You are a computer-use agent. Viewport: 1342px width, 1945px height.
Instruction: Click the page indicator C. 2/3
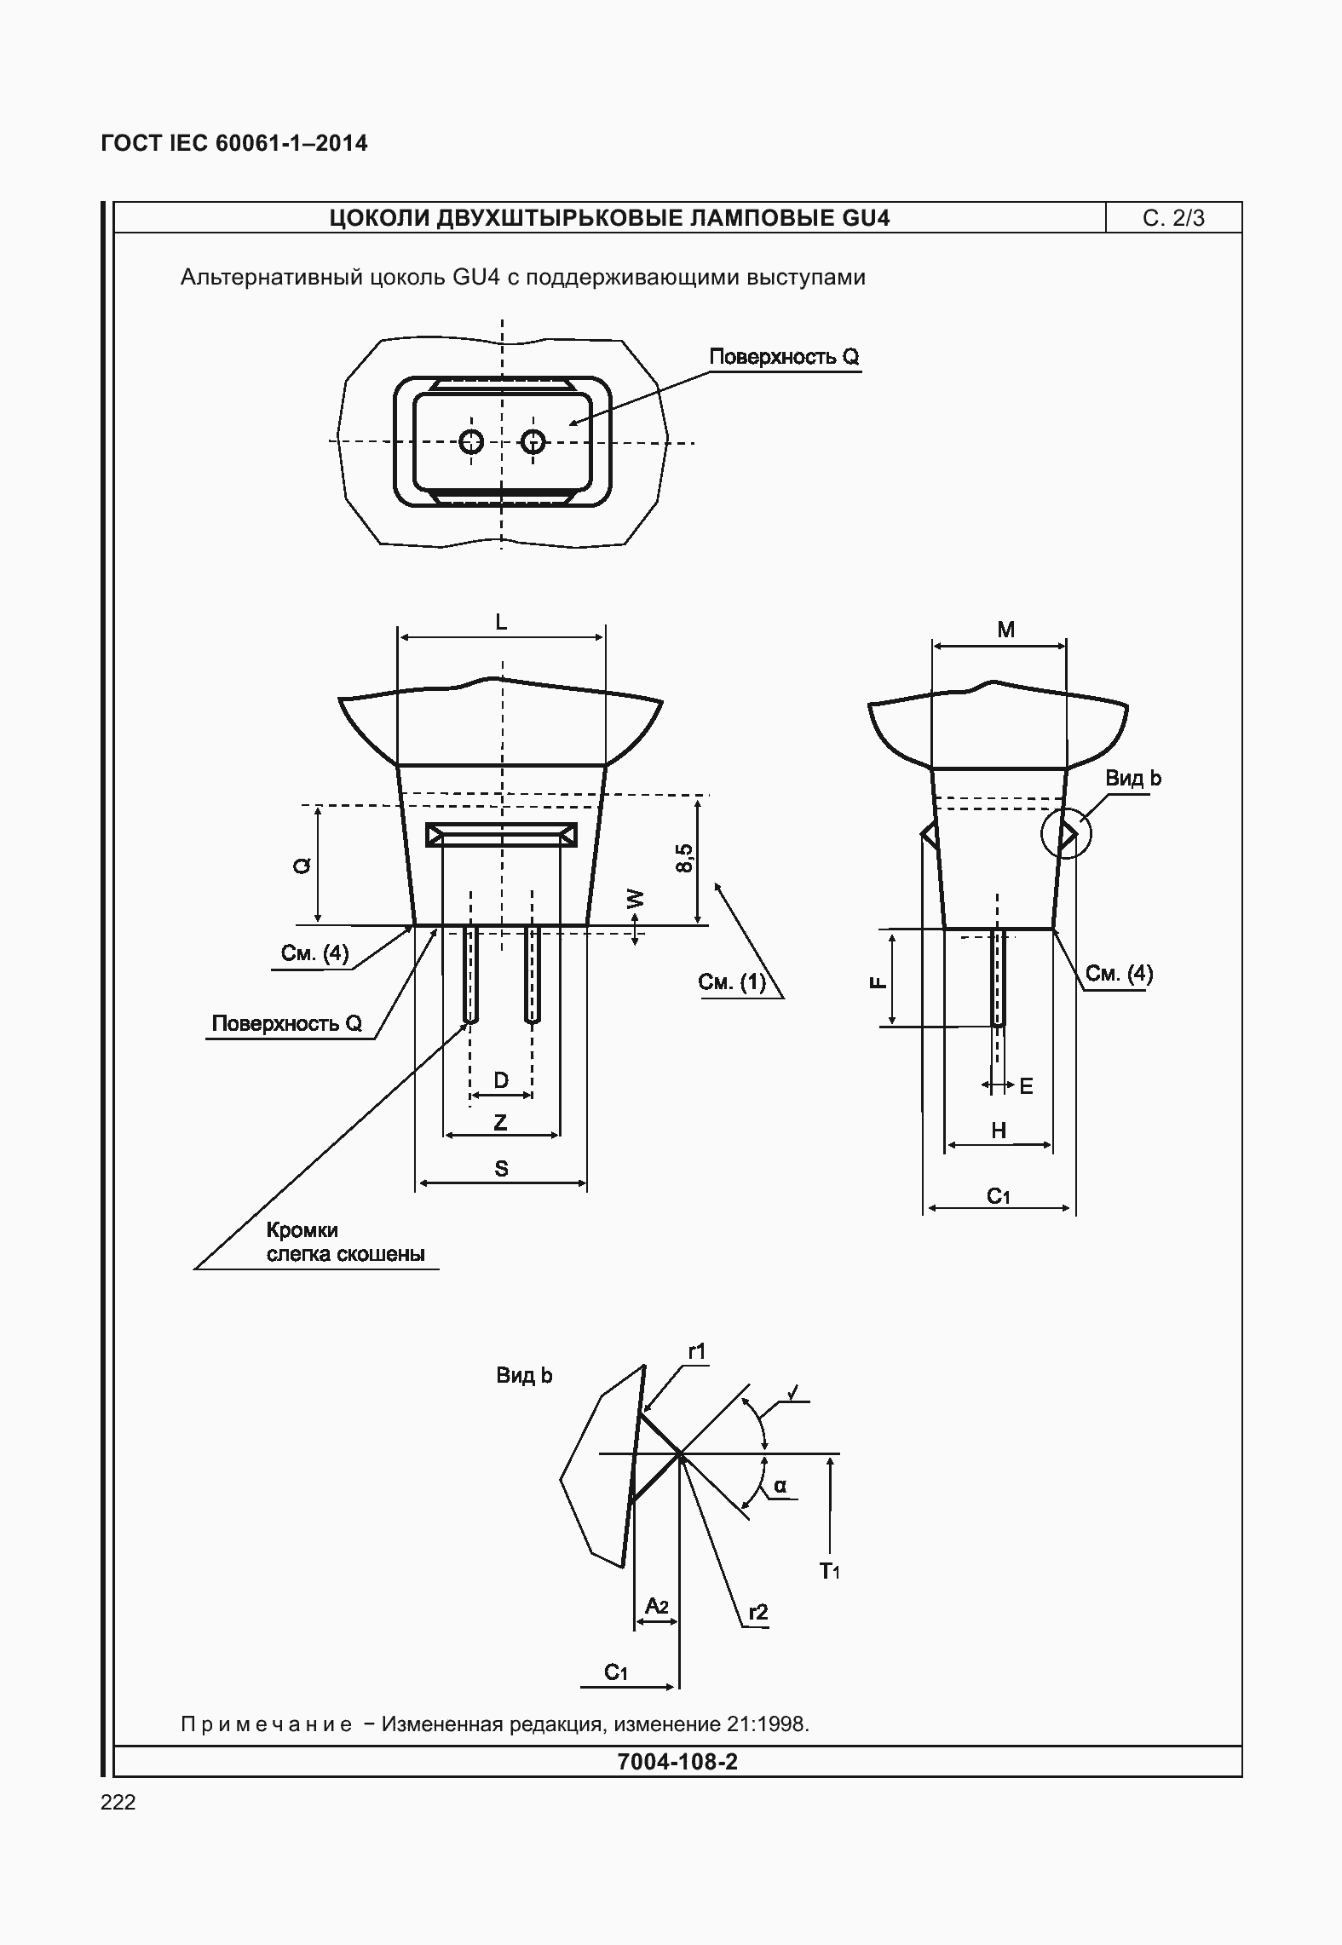tap(1173, 218)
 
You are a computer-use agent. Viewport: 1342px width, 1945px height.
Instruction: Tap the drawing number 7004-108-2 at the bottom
tap(677, 1761)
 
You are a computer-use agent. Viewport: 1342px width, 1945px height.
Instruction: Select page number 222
tap(118, 1802)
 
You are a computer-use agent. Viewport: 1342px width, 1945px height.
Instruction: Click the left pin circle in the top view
tap(471, 441)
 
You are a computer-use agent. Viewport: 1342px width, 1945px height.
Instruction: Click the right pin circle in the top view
tap(533, 441)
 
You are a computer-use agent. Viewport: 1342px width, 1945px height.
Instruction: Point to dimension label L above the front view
tap(501, 623)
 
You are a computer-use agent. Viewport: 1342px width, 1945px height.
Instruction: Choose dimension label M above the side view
tap(1006, 630)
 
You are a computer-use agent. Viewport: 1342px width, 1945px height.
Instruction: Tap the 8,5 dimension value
tap(684, 857)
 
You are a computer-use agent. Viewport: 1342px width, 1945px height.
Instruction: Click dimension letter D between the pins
tap(501, 1080)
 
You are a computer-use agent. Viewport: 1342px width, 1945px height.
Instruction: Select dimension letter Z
tap(501, 1122)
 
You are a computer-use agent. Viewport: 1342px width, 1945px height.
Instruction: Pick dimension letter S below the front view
tap(501, 1168)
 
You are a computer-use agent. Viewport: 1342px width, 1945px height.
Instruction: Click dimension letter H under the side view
tap(999, 1130)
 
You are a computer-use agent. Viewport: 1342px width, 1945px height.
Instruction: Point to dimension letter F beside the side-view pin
tap(878, 982)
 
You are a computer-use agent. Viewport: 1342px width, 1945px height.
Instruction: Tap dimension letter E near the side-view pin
tap(1026, 1086)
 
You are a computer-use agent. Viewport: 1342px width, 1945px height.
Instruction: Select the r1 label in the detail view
tap(698, 1351)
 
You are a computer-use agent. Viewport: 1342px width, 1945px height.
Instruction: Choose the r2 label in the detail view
tap(758, 1612)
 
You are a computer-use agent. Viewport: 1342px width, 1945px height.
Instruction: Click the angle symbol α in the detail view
tap(780, 1487)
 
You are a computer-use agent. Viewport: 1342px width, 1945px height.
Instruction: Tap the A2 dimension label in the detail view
tap(657, 1606)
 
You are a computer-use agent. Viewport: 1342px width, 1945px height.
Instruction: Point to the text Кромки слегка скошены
tap(345, 1242)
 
